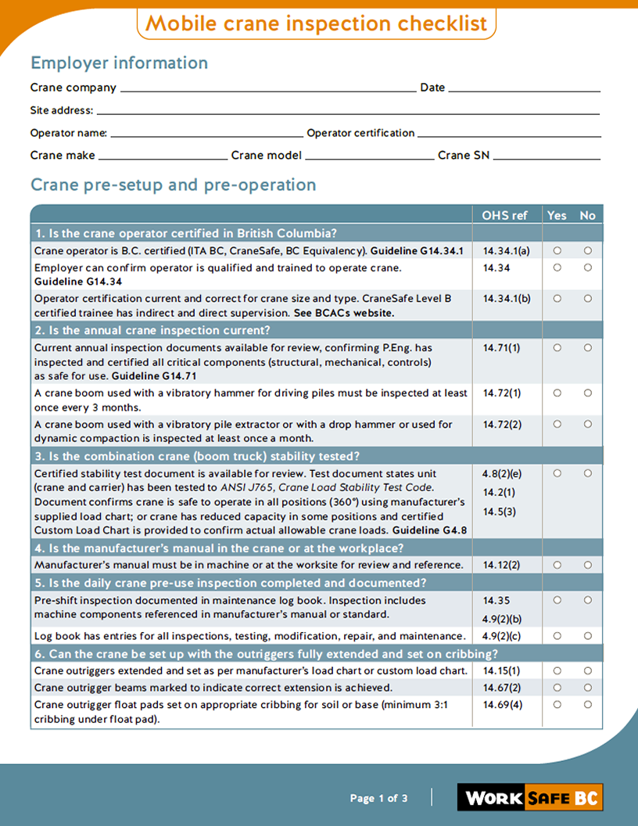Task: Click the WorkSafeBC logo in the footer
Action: [x=530, y=798]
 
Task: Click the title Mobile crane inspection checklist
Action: [x=317, y=23]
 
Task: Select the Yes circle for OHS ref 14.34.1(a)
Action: [x=557, y=251]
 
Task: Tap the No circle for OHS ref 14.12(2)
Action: [x=587, y=565]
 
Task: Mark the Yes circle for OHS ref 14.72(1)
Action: [x=557, y=393]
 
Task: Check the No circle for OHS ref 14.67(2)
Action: [x=587, y=688]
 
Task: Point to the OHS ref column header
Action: [x=504, y=215]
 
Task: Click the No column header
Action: [x=587, y=215]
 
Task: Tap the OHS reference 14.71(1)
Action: [x=501, y=348]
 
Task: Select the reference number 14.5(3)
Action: [x=499, y=512]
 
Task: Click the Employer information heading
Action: [x=119, y=63]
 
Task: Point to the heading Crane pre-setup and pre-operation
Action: [x=173, y=185]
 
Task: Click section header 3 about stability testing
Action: [x=196, y=456]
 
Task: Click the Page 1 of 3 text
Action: [x=378, y=799]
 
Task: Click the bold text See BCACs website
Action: [x=343, y=313]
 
